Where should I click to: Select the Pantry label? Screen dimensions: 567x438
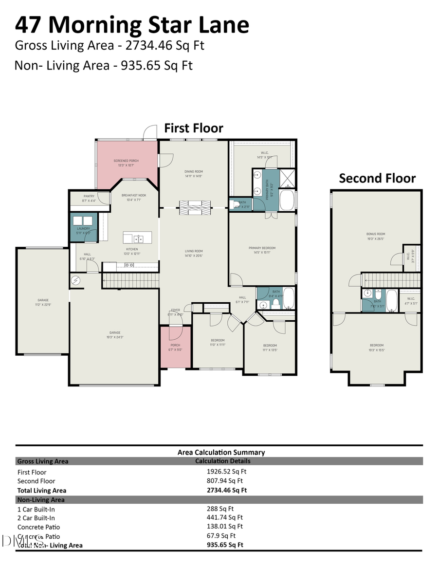pyautogui.click(x=89, y=198)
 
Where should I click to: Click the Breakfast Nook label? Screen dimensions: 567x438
pyautogui.click(x=134, y=197)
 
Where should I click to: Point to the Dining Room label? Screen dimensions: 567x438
pyautogui.click(x=194, y=174)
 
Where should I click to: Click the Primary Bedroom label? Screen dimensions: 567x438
pyautogui.click(x=262, y=250)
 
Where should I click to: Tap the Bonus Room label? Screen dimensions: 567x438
pyautogui.click(x=376, y=236)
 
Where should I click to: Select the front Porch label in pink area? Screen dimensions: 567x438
pyautogui.click(x=175, y=348)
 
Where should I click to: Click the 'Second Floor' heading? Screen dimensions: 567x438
pyautogui.click(x=377, y=178)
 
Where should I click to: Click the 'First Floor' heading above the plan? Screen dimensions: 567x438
pyautogui.click(x=193, y=128)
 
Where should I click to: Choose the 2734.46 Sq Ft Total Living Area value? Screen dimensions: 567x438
pyautogui.click(x=227, y=490)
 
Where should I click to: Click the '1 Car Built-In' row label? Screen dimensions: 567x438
pyautogui.click(x=36, y=509)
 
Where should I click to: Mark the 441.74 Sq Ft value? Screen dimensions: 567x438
pyautogui.click(x=224, y=518)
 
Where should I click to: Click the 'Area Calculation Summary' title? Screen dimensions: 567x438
pyautogui.click(x=221, y=452)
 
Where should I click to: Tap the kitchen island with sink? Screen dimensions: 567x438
pyautogui.click(x=137, y=238)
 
